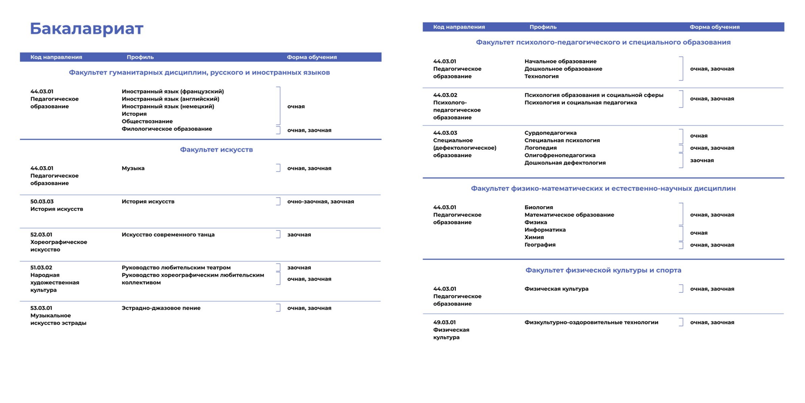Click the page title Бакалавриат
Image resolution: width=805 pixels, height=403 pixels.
[x=86, y=29]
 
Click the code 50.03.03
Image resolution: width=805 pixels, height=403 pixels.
[x=42, y=201]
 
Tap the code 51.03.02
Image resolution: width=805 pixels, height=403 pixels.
[x=41, y=268]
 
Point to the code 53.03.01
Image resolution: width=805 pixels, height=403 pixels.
[x=41, y=308]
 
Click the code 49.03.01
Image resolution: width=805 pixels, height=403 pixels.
[x=444, y=322]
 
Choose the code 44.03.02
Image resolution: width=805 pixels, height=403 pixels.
[x=445, y=95]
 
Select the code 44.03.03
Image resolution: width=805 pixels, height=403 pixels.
[x=445, y=133]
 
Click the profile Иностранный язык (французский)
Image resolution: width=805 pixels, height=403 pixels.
[x=173, y=91]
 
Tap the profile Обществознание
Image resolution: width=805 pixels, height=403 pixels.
[x=147, y=121]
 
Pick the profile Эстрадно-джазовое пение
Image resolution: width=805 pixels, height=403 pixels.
[x=161, y=308]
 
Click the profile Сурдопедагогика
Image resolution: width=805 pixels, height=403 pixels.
[x=551, y=133]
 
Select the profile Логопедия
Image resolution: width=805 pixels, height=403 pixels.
[x=540, y=148]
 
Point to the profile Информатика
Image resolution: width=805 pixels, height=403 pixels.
[x=545, y=230]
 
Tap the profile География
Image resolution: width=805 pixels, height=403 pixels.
[x=540, y=244]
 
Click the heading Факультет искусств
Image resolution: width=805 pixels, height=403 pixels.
[x=216, y=150]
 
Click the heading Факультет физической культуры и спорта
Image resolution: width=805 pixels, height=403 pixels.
[x=603, y=270]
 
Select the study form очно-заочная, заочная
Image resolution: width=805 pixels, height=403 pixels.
[x=321, y=201]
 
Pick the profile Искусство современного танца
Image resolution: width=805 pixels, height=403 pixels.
[x=168, y=234]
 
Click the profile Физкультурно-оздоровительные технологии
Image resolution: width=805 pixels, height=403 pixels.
[x=591, y=322]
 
